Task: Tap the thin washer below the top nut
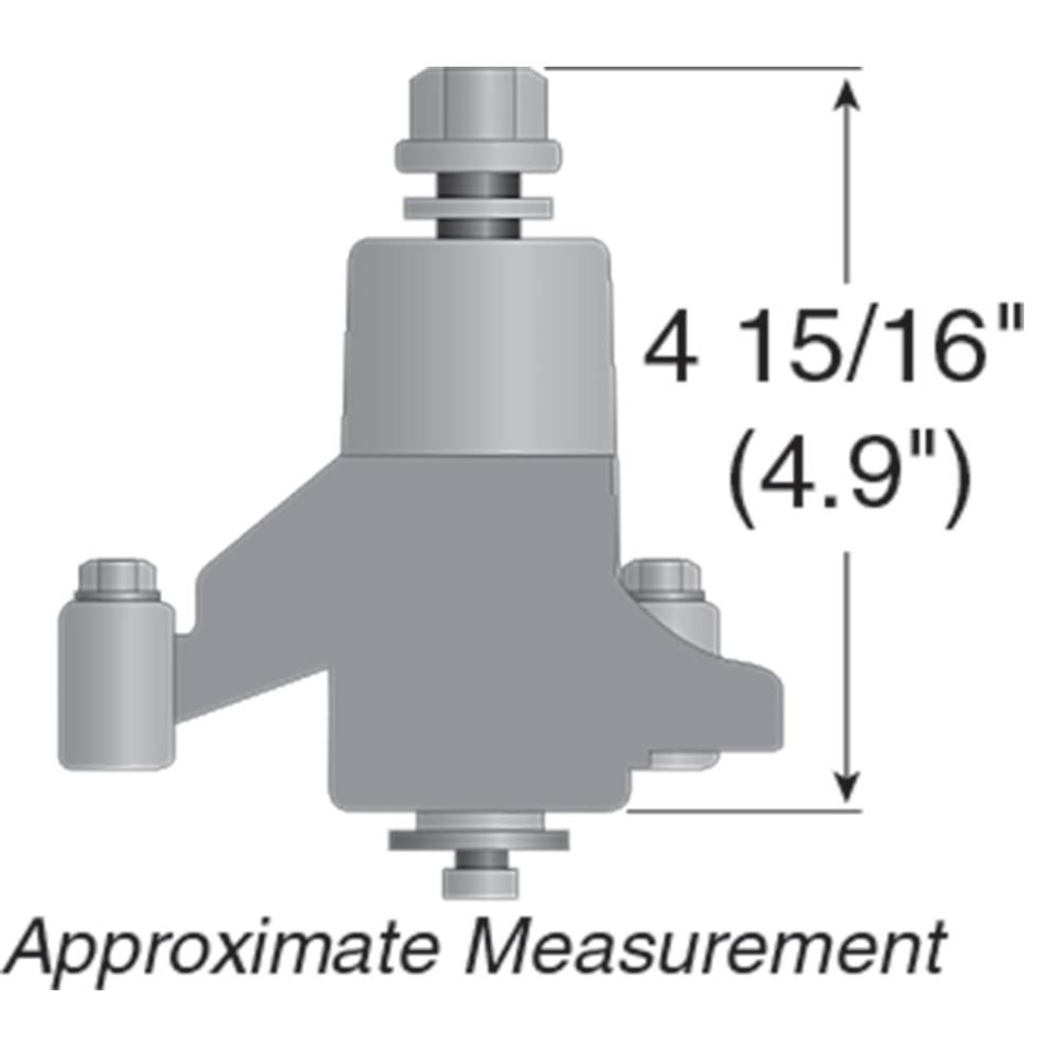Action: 478,207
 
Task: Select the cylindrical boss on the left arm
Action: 116,685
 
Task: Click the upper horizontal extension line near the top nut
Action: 701,68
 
